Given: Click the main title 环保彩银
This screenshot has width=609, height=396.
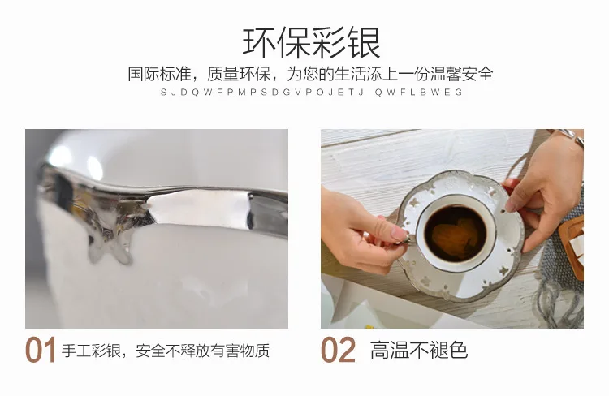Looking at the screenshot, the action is [x=312, y=42].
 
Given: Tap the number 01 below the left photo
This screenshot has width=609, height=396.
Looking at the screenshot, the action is [x=41, y=351].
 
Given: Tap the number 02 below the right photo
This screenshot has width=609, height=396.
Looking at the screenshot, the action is [x=338, y=351].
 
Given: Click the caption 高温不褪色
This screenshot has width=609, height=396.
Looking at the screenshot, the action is [x=419, y=351].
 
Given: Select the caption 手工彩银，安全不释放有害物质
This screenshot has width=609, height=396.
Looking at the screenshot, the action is [x=166, y=351].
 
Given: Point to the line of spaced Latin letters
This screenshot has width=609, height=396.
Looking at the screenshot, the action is [x=312, y=93].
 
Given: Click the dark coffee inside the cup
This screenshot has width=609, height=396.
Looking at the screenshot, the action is [x=455, y=234].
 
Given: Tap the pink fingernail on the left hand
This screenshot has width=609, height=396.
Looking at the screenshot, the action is [x=400, y=234].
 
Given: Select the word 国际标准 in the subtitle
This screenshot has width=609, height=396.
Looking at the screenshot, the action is [x=160, y=74].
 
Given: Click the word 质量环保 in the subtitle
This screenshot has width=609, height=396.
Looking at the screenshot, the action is [x=239, y=74].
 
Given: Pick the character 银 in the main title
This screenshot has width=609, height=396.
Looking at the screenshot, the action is [x=364, y=42].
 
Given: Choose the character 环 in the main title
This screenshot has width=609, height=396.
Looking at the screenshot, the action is [x=260, y=42].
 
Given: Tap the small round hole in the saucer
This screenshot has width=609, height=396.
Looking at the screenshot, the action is [x=503, y=212].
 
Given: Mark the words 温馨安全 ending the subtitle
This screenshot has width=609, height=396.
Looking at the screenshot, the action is [x=461, y=74].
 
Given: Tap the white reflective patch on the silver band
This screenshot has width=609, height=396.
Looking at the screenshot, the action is [x=198, y=208].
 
